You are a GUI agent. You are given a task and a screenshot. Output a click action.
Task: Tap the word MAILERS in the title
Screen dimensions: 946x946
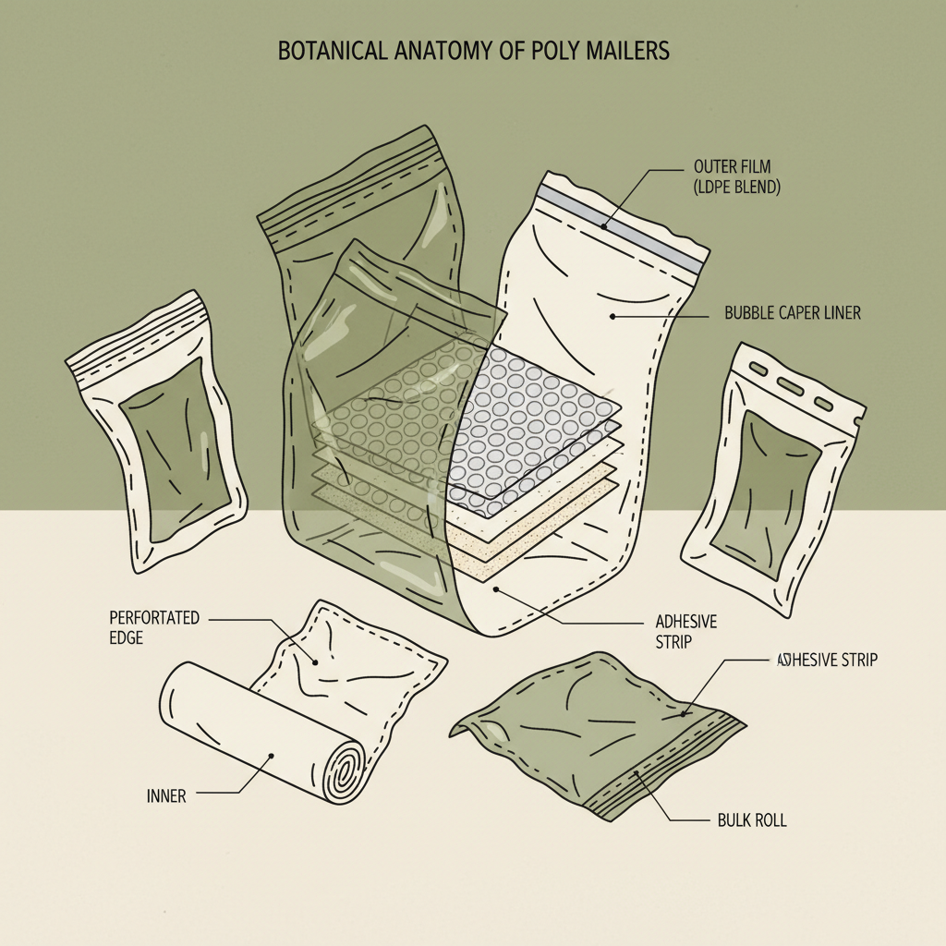coord(627,52)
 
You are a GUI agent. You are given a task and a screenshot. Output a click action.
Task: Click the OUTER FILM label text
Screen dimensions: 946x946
coord(733,167)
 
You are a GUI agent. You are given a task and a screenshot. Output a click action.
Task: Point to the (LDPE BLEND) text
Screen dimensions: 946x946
coord(736,188)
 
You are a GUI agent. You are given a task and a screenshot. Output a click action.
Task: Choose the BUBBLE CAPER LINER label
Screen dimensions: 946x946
coord(793,313)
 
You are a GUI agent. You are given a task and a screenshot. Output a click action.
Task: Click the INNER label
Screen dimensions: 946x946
coord(166,795)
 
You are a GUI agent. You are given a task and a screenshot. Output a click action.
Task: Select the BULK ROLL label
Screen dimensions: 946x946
coord(752,819)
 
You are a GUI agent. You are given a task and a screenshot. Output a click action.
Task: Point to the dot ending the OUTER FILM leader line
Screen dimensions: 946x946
coord(603,225)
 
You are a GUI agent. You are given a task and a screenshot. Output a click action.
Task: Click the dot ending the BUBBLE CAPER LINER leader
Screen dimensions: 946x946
coord(612,316)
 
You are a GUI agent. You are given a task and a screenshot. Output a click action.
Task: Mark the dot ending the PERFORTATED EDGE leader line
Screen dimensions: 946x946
coord(316,661)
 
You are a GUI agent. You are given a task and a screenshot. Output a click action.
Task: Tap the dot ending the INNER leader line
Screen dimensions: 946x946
coord(271,756)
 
